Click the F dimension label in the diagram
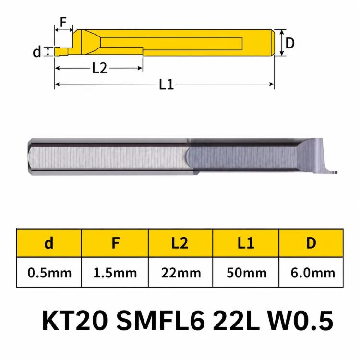(x=63, y=22)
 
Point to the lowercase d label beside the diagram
(x=37, y=52)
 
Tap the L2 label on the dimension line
(x=99, y=68)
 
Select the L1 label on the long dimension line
(x=166, y=84)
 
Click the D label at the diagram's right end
(x=290, y=43)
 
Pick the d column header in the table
(x=49, y=243)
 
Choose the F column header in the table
(x=115, y=243)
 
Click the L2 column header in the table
(x=180, y=243)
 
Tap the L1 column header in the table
(x=246, y=243)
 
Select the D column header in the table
(x=311, y=243)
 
